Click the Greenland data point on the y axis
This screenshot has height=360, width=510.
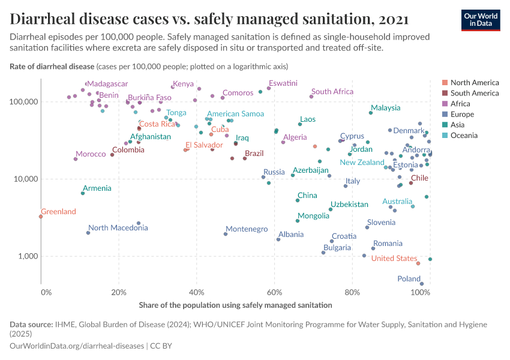click(41, 217)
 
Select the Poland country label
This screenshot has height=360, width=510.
click(409, 279)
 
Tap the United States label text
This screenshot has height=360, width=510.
click(394, 259)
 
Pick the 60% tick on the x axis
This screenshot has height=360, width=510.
click(275, 292)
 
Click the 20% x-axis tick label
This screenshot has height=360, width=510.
click(119, 292)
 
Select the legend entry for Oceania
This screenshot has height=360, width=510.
click(464, 136)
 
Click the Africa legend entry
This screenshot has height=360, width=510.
click(461, 104)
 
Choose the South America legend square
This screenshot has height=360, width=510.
click(445, 93)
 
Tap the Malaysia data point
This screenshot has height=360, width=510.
click(371, 113)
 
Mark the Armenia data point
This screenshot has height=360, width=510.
click(83, 193)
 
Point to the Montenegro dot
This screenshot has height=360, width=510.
click(226, 234)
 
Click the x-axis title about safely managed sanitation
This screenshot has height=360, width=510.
click(235, 305)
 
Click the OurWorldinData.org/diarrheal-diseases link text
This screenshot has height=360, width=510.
click(77, 346)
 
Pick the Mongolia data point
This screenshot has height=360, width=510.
click(298, 221)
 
